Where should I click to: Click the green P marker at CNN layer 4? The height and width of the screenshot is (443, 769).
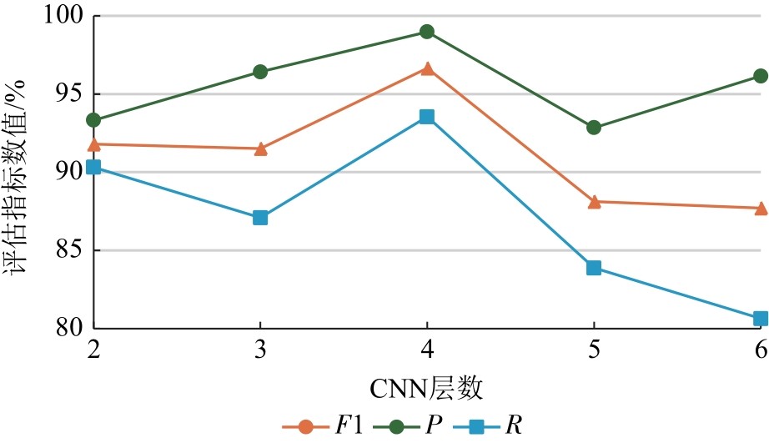click(x=427, y=32)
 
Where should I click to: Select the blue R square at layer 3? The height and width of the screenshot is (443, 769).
click(x=260, y=218)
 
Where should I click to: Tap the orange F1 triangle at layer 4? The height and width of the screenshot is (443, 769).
click(x=427, y=68)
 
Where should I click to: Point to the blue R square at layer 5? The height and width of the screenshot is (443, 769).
click(x=594, y=268)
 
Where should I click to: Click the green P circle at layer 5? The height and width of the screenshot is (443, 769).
click(x=594, y=128)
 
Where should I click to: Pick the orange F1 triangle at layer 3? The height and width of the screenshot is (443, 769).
click(x=261, y=149)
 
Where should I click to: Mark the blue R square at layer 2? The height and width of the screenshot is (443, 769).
click(x=93, y=168)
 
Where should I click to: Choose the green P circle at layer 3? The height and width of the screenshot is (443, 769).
click(x=260, y=72)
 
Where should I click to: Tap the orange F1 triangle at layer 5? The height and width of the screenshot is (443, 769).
click(x=594, y=202)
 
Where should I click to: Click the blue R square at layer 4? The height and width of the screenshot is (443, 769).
click(x=427, y=117)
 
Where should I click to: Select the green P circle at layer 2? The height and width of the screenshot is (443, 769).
click(x=93, y=120)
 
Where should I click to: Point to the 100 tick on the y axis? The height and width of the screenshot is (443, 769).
click(x=62, y=15)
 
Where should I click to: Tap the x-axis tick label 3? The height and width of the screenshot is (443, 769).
click(x=260, y=350)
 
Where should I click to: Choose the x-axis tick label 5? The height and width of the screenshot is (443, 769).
click(x=594, y=350)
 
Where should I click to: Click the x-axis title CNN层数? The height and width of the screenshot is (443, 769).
click(x=426, y=389)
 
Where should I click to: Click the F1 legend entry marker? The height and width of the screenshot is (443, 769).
click(x=305, y=427)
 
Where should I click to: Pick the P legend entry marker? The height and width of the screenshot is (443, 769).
click(x=396, y=427)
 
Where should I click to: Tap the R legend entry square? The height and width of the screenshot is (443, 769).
click(x=476, y=427)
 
